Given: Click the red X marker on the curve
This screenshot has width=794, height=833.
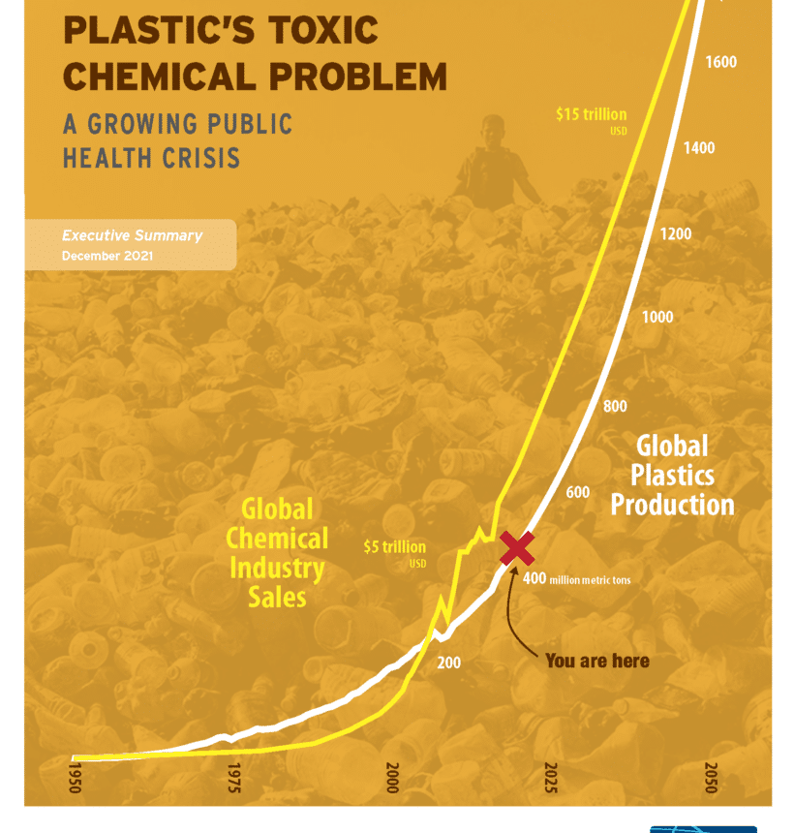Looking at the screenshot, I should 517,548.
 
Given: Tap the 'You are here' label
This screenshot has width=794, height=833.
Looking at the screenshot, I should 596,661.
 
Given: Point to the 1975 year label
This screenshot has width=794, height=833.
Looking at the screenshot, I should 234,778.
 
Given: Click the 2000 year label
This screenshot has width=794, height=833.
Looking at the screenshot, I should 392,778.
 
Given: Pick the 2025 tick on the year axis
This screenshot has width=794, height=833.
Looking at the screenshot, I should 551,778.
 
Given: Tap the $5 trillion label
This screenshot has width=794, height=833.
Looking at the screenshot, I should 394,547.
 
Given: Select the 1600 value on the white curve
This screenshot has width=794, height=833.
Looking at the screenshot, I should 720,63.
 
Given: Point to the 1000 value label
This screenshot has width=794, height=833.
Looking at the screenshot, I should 657,318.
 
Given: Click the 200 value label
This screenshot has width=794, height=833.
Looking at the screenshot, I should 449,663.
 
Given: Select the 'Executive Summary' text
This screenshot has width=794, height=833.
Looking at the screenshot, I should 132,235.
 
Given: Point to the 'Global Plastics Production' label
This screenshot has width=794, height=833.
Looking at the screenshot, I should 672,476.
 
